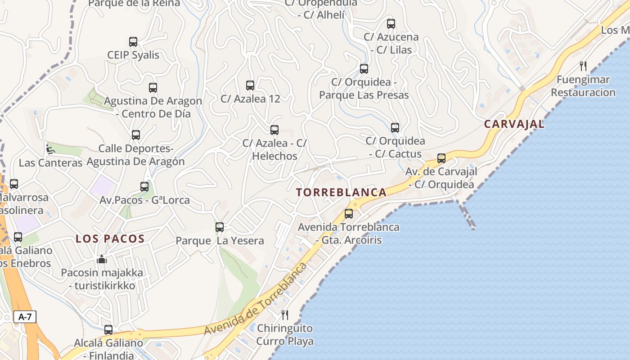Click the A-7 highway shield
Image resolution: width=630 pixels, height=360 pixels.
point(25,317)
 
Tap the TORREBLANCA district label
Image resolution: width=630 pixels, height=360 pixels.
point(341,193)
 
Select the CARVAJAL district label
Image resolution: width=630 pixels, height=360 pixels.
point(514,124)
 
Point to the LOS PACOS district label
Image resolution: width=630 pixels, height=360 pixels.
point(110,239)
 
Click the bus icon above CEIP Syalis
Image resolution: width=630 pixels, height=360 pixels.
point(133,42)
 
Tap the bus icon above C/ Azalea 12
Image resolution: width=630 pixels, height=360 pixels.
point(250,85)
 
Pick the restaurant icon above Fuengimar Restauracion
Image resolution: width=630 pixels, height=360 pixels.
point(583,66)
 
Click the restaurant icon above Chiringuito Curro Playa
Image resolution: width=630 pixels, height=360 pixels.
point(284,315)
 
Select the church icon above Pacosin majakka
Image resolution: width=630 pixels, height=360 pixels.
point(102,259)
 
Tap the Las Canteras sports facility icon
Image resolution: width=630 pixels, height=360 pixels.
point(50,148)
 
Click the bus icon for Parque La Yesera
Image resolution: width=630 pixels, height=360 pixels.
point(220,227)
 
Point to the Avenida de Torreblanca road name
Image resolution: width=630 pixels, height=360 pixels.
point(256,299)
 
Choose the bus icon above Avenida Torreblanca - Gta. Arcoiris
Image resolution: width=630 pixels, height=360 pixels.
point(349,214)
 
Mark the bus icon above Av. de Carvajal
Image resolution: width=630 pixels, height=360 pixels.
point(441,158)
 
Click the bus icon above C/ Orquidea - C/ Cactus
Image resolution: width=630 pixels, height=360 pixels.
point(395,128)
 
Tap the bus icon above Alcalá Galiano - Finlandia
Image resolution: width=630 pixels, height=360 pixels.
point(108,330)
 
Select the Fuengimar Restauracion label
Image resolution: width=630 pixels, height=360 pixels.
point(583,86)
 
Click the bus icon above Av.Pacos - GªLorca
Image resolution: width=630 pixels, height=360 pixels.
point(144,186)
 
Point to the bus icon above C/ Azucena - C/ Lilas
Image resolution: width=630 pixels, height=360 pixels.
point(391,24)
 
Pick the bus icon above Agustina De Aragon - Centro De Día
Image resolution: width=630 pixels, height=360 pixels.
point(153,88)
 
